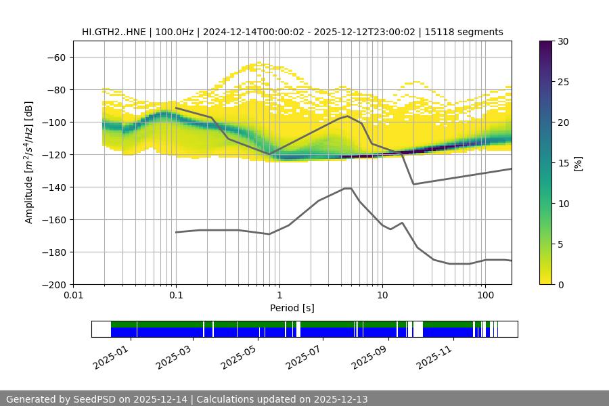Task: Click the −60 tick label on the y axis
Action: [x=55, y=57]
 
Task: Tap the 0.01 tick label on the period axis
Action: [x=73, y=296]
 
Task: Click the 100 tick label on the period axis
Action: [x=484, y=296]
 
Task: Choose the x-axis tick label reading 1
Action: [x=279, y=296]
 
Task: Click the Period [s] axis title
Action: [x=292, y=308]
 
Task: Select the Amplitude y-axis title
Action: [x=29, y=162]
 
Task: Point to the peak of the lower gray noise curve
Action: [x=348, y=188]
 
